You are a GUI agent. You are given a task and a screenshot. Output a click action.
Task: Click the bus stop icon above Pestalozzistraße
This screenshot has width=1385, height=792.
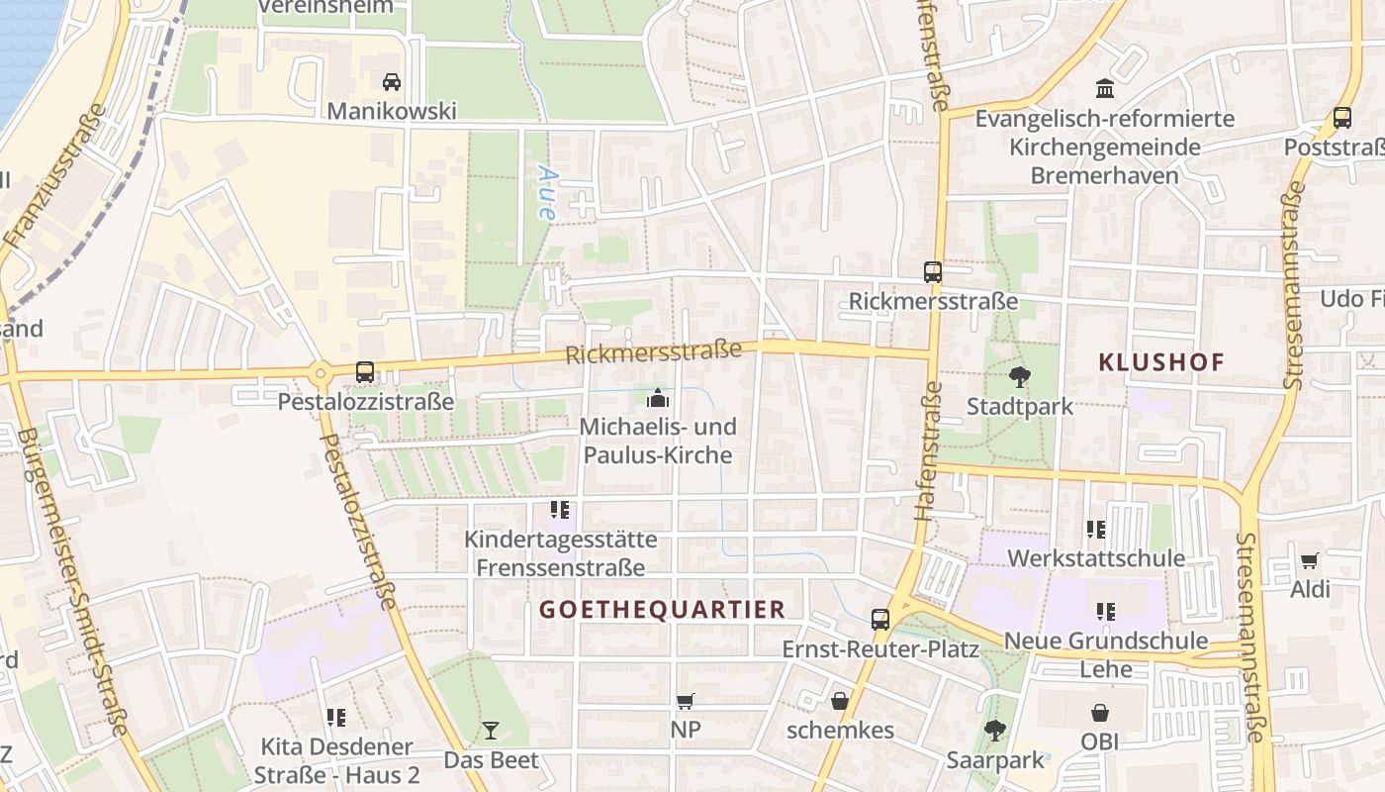[x=365, y=372]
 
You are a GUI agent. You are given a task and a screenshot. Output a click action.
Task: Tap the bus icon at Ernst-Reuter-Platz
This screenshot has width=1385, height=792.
[x=879, y=620]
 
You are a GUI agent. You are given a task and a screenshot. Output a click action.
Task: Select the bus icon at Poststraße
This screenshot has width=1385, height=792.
[x=1342, y=117]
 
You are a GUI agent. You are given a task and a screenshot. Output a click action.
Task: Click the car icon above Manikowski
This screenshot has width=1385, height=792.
[x=392, y=81]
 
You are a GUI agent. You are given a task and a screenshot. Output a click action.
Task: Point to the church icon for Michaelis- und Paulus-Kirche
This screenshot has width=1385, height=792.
[x=657, y=399]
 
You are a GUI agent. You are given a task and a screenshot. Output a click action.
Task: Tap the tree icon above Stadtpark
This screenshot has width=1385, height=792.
[x=1019, y=376]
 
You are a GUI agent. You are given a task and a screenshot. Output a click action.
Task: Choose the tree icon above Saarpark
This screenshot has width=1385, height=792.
[x=995, y=731]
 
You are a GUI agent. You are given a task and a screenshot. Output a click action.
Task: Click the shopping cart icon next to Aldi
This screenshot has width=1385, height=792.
[x=1309, y=560]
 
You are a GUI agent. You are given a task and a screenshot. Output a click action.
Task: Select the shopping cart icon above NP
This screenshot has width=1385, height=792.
[x=685, y=701]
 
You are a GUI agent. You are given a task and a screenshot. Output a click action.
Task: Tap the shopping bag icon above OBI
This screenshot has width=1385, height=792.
[x=1099, y=713]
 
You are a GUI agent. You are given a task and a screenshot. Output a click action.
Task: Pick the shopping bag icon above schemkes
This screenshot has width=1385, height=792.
[x=840, y=701]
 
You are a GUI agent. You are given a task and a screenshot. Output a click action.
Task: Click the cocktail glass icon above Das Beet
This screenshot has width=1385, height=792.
[x=491, y=731]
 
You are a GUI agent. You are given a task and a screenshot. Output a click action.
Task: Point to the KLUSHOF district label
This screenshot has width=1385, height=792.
[x=1161, y=362]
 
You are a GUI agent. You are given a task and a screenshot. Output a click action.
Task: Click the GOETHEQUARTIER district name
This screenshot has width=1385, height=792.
[x=663, y=609]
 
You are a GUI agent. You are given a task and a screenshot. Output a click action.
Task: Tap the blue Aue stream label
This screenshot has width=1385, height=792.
[x=547, y=191]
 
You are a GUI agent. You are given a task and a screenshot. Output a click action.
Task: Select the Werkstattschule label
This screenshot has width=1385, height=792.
[x=1096, y=558]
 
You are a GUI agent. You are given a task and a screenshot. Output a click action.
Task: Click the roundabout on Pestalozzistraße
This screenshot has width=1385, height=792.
[x=320, y=374]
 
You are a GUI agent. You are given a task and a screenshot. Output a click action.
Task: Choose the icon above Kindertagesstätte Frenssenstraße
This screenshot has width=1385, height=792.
[x=560, y=510]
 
